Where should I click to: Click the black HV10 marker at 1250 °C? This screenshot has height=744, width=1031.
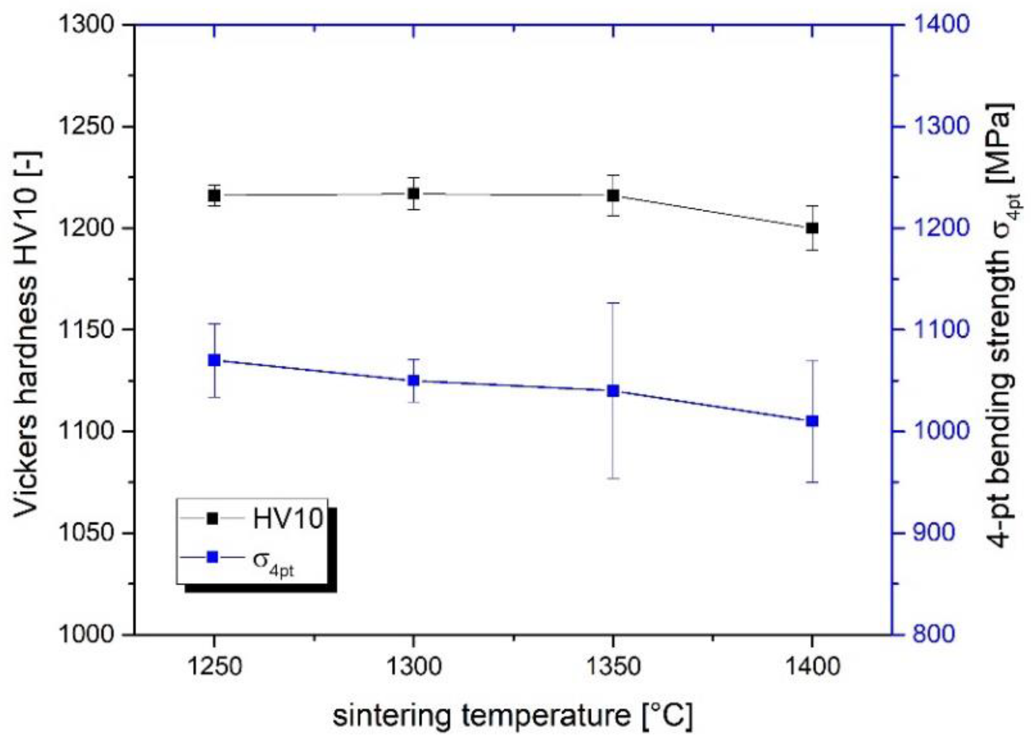[214, 195]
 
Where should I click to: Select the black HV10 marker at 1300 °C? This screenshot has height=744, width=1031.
[413, 193]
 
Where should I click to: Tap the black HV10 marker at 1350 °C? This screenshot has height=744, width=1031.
[613, 195]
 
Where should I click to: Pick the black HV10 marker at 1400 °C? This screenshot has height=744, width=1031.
[812, 228]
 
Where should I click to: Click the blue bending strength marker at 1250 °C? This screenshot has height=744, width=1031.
[214, 360]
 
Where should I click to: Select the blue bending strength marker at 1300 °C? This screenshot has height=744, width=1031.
[413, 380]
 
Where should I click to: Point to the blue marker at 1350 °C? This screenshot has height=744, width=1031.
[613, 391]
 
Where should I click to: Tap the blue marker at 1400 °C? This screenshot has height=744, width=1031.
[812, 421]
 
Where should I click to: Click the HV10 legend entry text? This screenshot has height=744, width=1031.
[288, 519]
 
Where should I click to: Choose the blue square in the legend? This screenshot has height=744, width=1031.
[213, 557]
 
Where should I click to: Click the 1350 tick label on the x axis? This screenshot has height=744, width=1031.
[613, 667]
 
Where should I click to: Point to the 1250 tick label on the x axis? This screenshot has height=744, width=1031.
[214, 667]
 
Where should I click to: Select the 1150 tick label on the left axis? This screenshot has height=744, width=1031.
[86, 330]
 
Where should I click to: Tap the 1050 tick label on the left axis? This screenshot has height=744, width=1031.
[86, 533]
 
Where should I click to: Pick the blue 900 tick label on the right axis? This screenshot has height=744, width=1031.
[933, 533]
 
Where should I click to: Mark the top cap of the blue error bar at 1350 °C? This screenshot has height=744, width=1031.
[613, 303]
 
